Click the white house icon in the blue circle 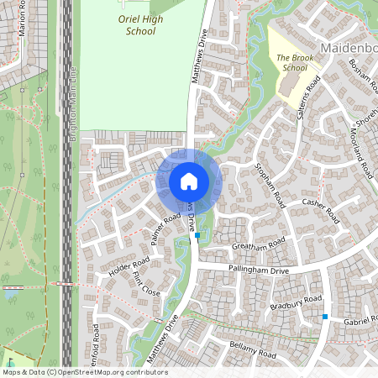pyautogui.click(x=189, y=181)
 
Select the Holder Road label pyautogui.click(x=129, y=267)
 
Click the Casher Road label pyautogui.click(x=319, y=210)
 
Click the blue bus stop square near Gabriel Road pyautogui.click(x=325, y=317)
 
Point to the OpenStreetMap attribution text pyautogui.click(x=84, y=372)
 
